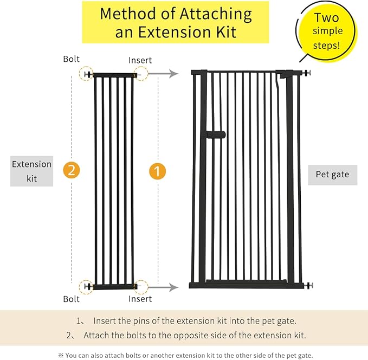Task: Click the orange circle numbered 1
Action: click(x=157, y=171)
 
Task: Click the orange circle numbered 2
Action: click(x=72, y=170)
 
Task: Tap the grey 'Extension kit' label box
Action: click(x=31, y=171)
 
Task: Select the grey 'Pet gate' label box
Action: click(x=332, y=175)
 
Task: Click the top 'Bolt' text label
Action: click(x=71, y=59)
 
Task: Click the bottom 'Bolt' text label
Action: click(x=71, y=299)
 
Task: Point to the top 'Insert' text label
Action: click(x=140, y=60)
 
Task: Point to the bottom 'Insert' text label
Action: click(x=140, y=299)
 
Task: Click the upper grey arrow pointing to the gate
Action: click(x=163, y=74)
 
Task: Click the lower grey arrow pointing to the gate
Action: click(x=163, y=287)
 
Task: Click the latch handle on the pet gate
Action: click(x=216, y=134)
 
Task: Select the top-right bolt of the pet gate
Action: click(x=307, y=73)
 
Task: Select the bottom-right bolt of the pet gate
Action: click(x=308, y=285)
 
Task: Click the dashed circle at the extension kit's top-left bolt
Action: click(x=86, y=74)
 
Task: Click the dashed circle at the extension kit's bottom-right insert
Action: click(x=140, y=287)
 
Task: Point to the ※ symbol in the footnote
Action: click(x=61, y=355)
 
